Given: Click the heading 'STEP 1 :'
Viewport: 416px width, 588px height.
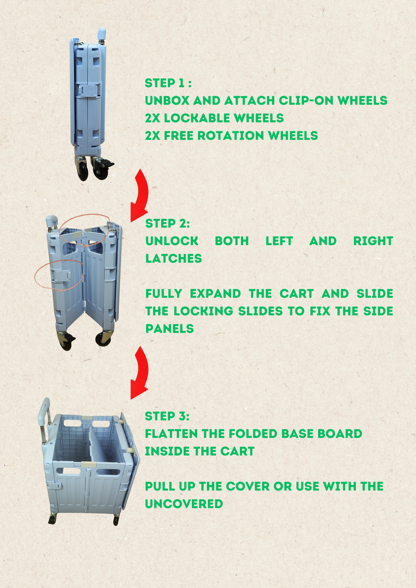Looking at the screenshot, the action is click(168, 83).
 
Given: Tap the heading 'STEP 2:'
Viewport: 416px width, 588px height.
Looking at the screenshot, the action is click(167, 223).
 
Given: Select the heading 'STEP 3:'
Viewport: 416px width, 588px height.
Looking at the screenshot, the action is click(167, 416).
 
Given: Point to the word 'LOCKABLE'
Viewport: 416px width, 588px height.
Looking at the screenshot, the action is click(197, 118).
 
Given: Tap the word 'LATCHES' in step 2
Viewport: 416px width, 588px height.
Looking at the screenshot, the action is click(174, 258).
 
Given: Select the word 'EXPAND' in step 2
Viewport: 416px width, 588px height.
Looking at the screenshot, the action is click(215, 293).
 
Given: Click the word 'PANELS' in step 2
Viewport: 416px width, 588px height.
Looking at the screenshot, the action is click(170, 328).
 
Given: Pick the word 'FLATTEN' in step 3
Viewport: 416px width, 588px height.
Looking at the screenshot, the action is click(171, 434).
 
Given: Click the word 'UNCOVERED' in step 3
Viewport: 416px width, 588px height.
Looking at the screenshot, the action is click(184, 504).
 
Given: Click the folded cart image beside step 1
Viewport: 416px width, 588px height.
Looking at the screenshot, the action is click(90, 105).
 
